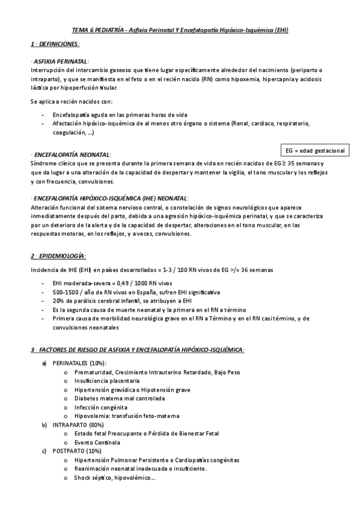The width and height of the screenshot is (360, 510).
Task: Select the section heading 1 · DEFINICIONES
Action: click(55, 45)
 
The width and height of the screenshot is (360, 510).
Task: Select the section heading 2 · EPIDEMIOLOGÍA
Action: click(58, 256)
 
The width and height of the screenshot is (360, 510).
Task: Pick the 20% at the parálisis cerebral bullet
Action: click(58, 301)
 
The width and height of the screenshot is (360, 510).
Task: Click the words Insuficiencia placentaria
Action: click(107, 381)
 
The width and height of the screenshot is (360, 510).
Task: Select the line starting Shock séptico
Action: click(115, 478)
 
